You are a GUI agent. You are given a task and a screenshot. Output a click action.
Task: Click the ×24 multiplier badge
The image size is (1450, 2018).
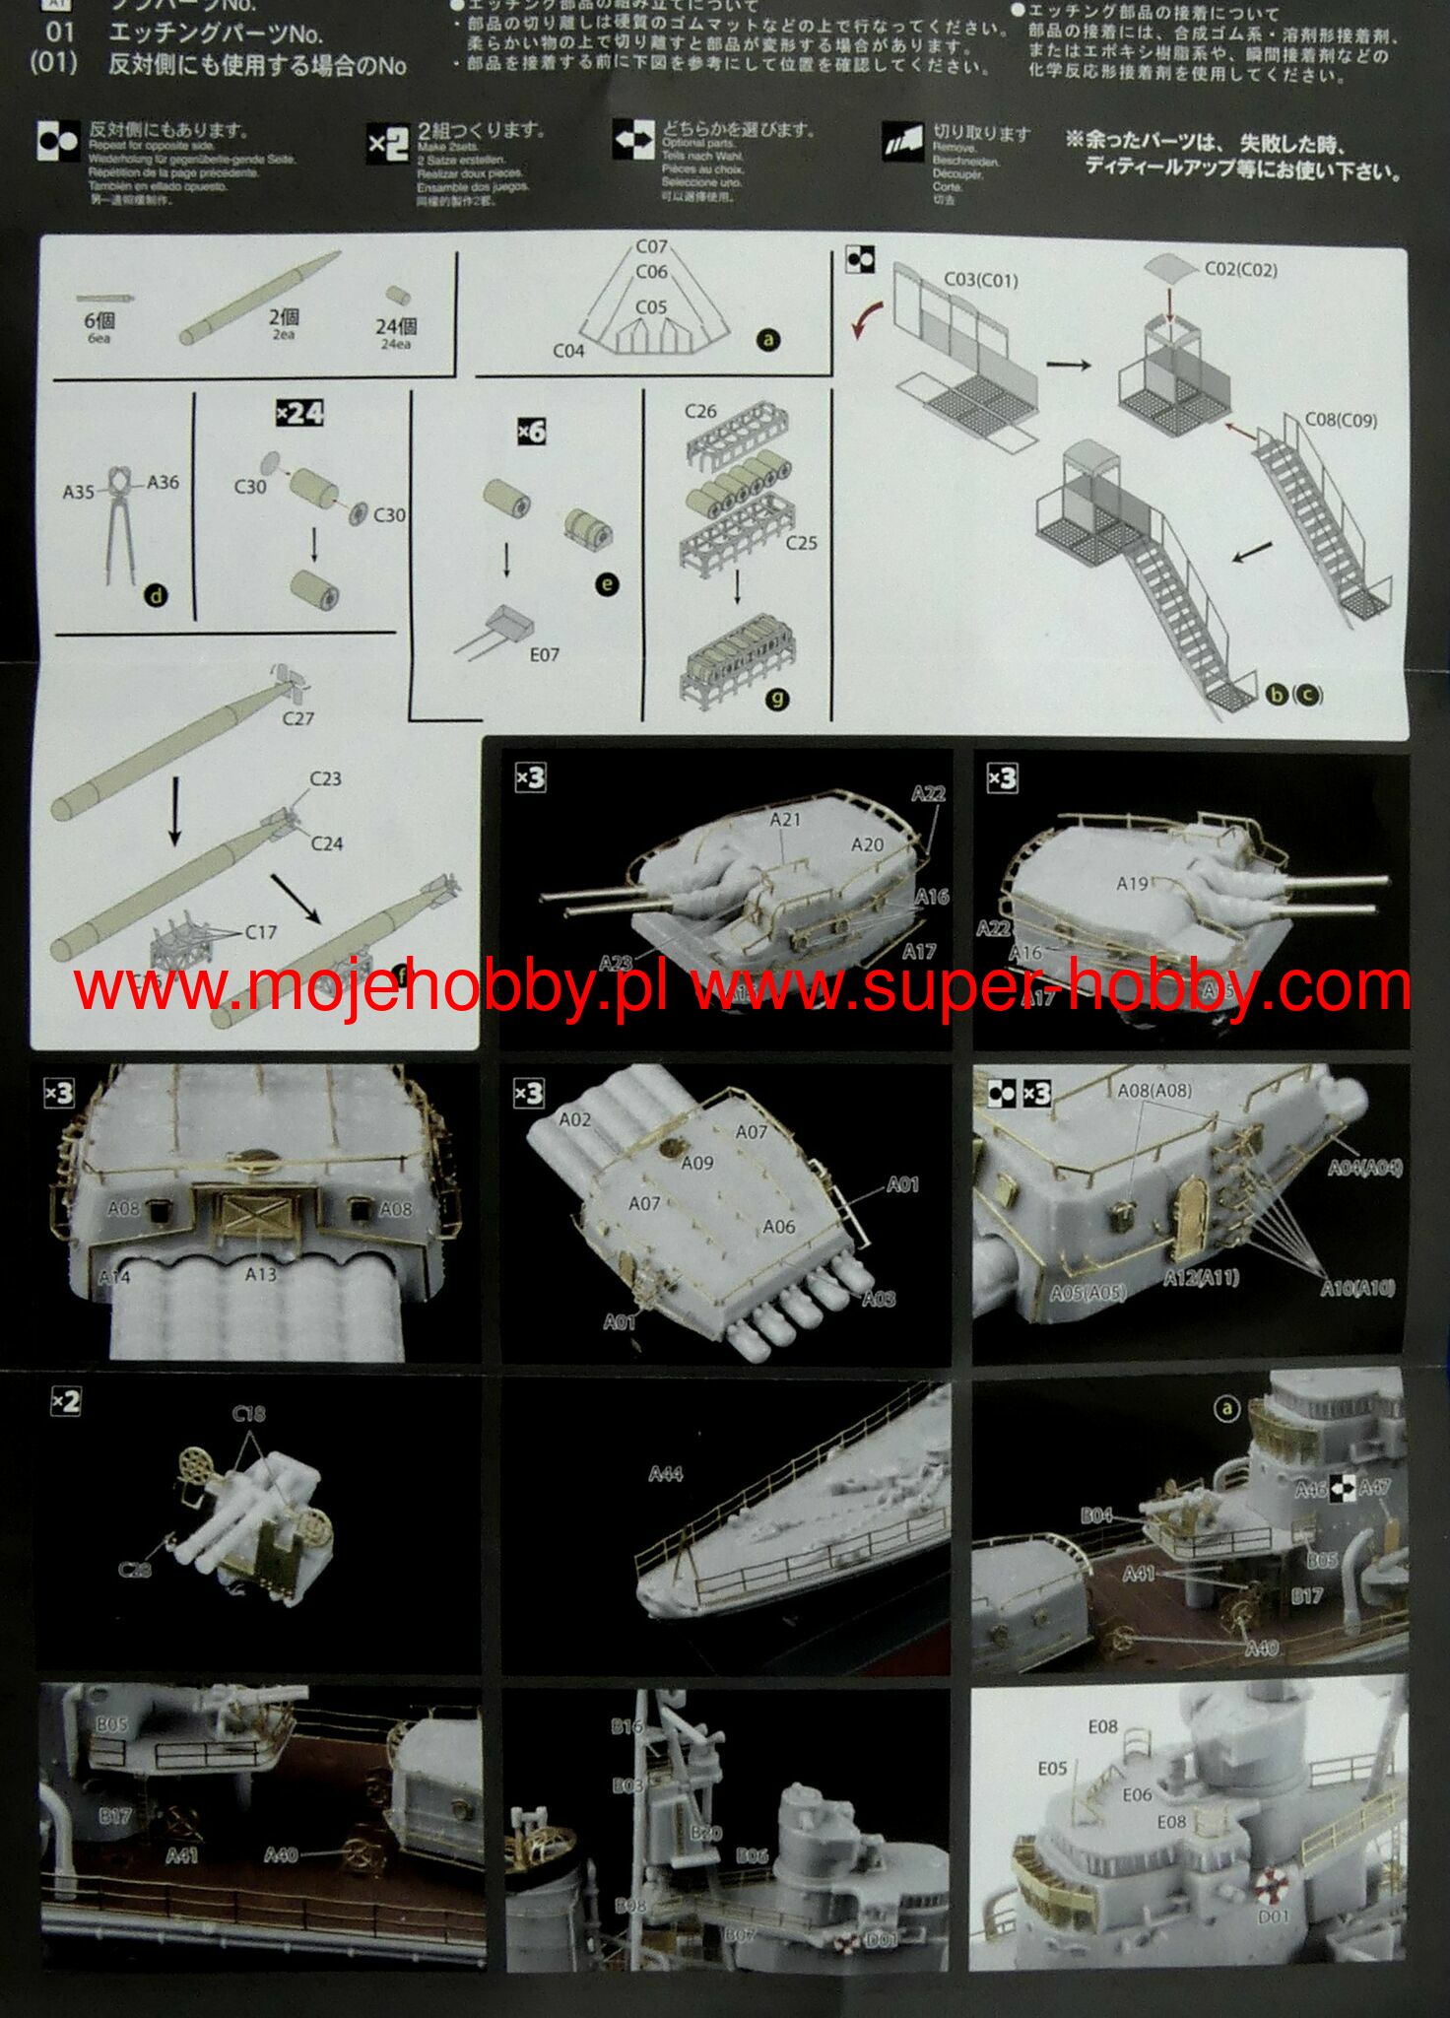click(x=299, y=413)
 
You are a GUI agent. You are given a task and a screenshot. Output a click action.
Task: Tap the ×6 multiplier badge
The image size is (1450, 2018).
click(x=531, y=432)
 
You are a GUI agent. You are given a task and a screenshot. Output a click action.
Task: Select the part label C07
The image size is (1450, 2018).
click(x=651, y=246)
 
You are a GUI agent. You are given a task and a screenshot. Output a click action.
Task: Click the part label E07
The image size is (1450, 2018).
click(x=544, y=654)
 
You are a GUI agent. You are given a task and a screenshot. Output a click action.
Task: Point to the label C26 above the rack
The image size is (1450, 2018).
click(x=700, y=411)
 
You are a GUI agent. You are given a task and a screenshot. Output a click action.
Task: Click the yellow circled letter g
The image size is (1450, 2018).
click(x=777, y=700)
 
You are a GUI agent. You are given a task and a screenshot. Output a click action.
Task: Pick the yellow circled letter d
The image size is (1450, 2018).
click(x=156, y=595)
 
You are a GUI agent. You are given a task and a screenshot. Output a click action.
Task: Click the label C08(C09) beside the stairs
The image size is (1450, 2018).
click(x=1341, y=420)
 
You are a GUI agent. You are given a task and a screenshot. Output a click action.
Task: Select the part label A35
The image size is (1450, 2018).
click(x=79, y=491)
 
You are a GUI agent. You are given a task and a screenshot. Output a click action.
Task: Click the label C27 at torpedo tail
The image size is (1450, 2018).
click(x=297, y=718)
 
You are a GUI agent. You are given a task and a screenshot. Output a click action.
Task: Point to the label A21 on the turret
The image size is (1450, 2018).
click(x=785, y=819)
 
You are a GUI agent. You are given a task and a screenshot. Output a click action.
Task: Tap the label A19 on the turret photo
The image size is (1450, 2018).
click(x=1132, y=884)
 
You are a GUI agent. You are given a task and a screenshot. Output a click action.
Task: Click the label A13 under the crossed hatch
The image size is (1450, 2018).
click(x=260, y=1274)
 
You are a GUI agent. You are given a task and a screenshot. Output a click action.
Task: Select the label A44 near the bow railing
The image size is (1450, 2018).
click(x=666, y=1474)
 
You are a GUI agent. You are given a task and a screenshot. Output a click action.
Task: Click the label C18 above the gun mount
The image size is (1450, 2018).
click(x=248, y=1414)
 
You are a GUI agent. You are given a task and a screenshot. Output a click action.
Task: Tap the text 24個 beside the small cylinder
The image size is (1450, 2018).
click(x=395, y=327)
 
